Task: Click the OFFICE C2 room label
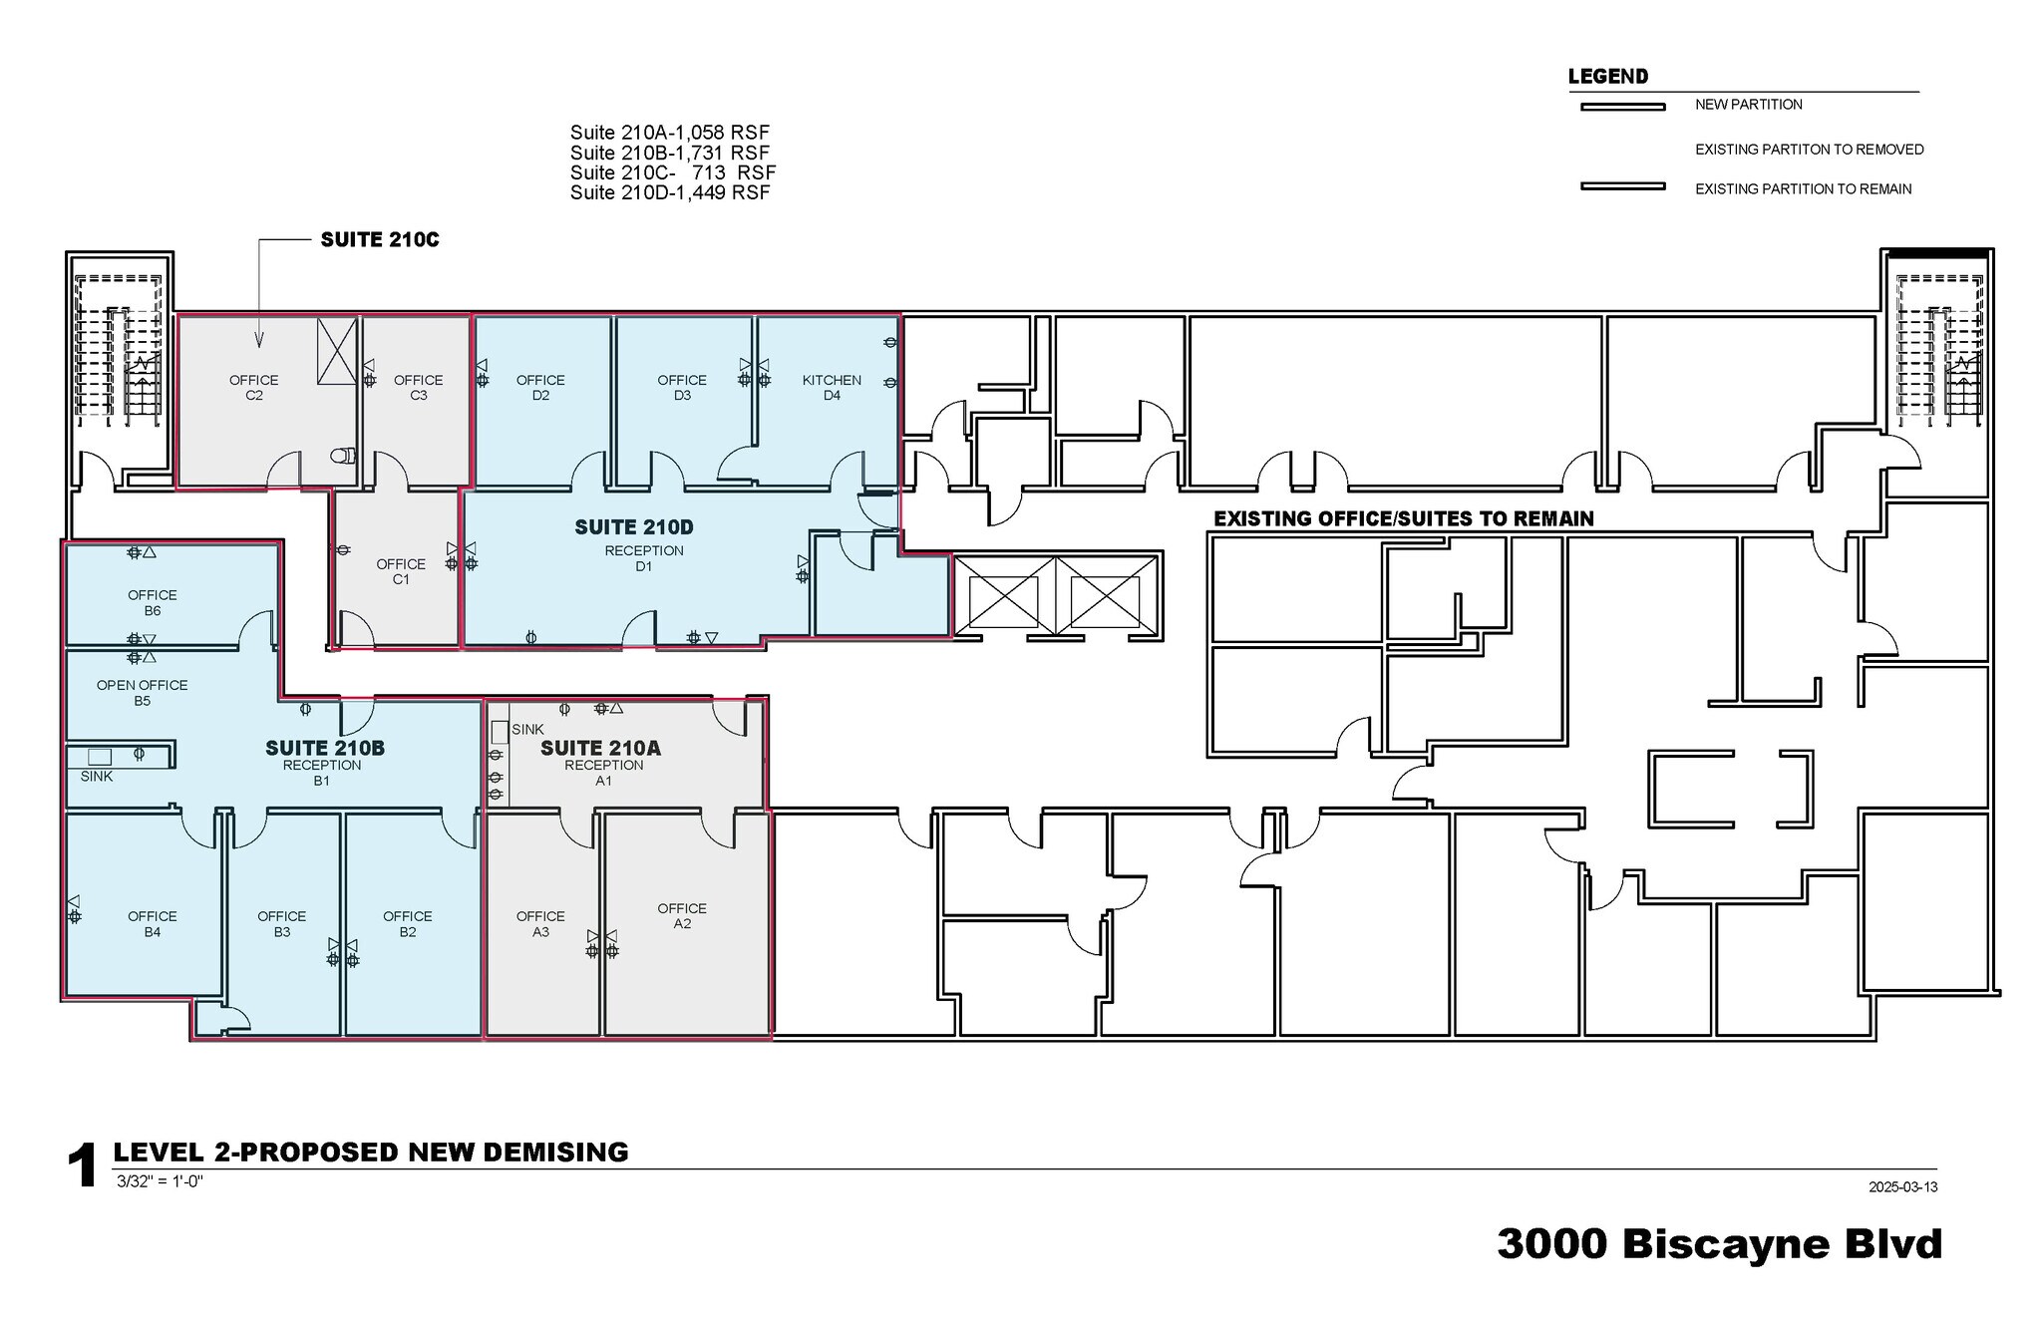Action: (253, 387)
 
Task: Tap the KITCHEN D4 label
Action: (832, 387)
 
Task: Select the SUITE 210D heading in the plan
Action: (633, 527)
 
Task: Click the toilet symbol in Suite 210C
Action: (343, 456)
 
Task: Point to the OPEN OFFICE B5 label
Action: (142, 692)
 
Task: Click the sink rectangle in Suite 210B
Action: (100, 757)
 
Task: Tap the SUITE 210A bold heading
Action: (600, 748)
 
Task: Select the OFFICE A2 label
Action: (682, 915)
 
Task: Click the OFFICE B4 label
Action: (152, 923)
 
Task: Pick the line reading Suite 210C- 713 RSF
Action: (672, 172)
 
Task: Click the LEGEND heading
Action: (1607, 77)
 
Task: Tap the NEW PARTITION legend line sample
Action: (1622, 107)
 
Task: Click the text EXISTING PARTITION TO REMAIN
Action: (1803, 188)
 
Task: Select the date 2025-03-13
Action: (1902, 1186)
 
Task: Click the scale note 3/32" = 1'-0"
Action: (160, 1181)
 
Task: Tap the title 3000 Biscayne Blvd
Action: (1719, 1243)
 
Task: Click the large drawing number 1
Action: (83, 1165)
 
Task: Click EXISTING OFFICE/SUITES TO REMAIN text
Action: (1403, 518)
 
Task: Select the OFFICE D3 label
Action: (682, 387)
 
